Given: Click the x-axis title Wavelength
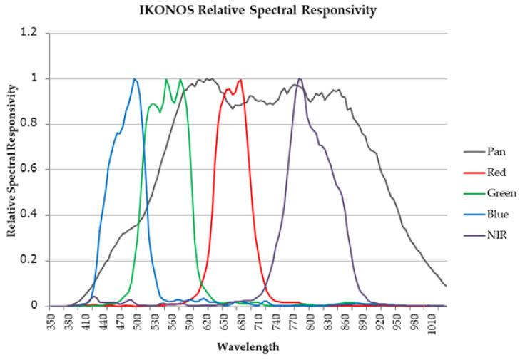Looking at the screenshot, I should [x=245, y=349].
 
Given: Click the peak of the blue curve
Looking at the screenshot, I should [x=134, y=78].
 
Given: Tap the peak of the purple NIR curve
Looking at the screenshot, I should [x=299, y=78].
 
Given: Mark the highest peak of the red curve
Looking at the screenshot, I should [x=241, y=79].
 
